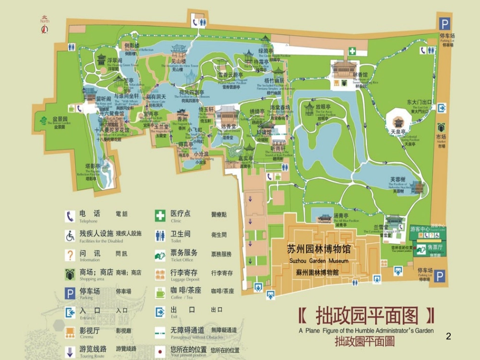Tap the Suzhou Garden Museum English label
pos(319,261)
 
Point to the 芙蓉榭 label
pos(398,179)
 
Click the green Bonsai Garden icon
pos(44,121)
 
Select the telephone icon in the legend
pos(70,216)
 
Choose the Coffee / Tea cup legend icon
pos(160,293)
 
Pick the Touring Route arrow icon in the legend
pos(70,351)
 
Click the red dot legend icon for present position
pos(160,351)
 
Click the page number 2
pos(448,336)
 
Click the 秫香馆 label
pos(360,75)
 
